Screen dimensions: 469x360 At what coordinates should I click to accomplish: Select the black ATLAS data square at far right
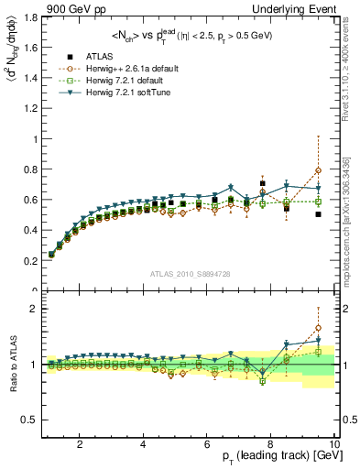318,214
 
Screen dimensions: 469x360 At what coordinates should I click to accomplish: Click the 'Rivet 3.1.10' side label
351,68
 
